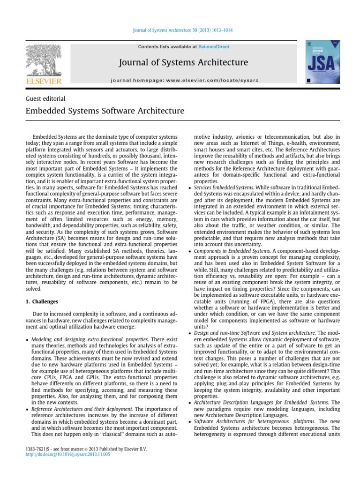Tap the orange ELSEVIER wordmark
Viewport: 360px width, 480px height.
(43, 82)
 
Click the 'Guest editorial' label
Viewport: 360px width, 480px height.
(45, 99)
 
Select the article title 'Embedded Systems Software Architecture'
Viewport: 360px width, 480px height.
(104, 111)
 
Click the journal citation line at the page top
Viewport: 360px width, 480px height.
(180, 30)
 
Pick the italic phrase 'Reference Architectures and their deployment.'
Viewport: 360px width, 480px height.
(82, 409)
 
